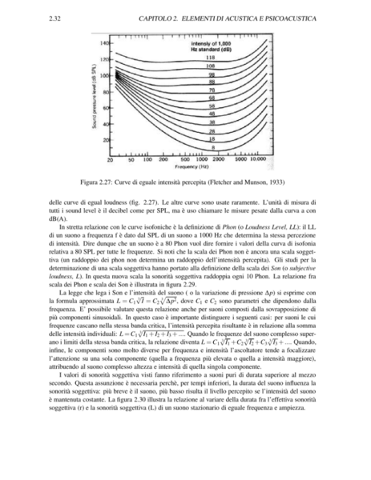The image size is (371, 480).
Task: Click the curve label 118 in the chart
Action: (211, 58)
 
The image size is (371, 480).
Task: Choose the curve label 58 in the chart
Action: (212, 106)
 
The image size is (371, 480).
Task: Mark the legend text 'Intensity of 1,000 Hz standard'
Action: (212, 45)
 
